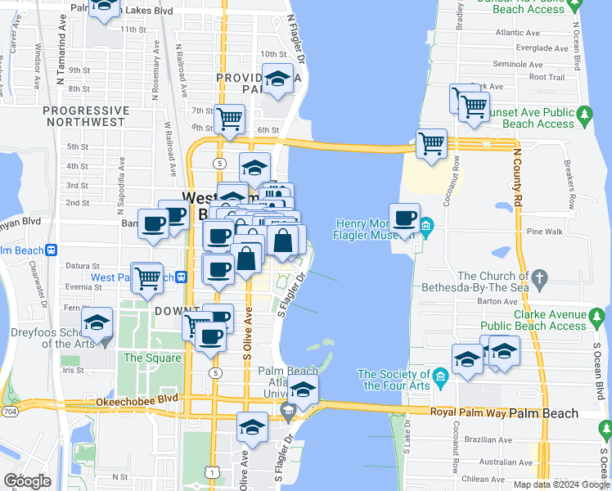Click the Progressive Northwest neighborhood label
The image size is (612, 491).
point(86,116)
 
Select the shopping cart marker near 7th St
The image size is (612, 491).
point(230,119)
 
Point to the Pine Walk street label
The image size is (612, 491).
point(546,232)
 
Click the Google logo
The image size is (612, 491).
point(27,481)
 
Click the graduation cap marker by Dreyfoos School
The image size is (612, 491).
point(97,323)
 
